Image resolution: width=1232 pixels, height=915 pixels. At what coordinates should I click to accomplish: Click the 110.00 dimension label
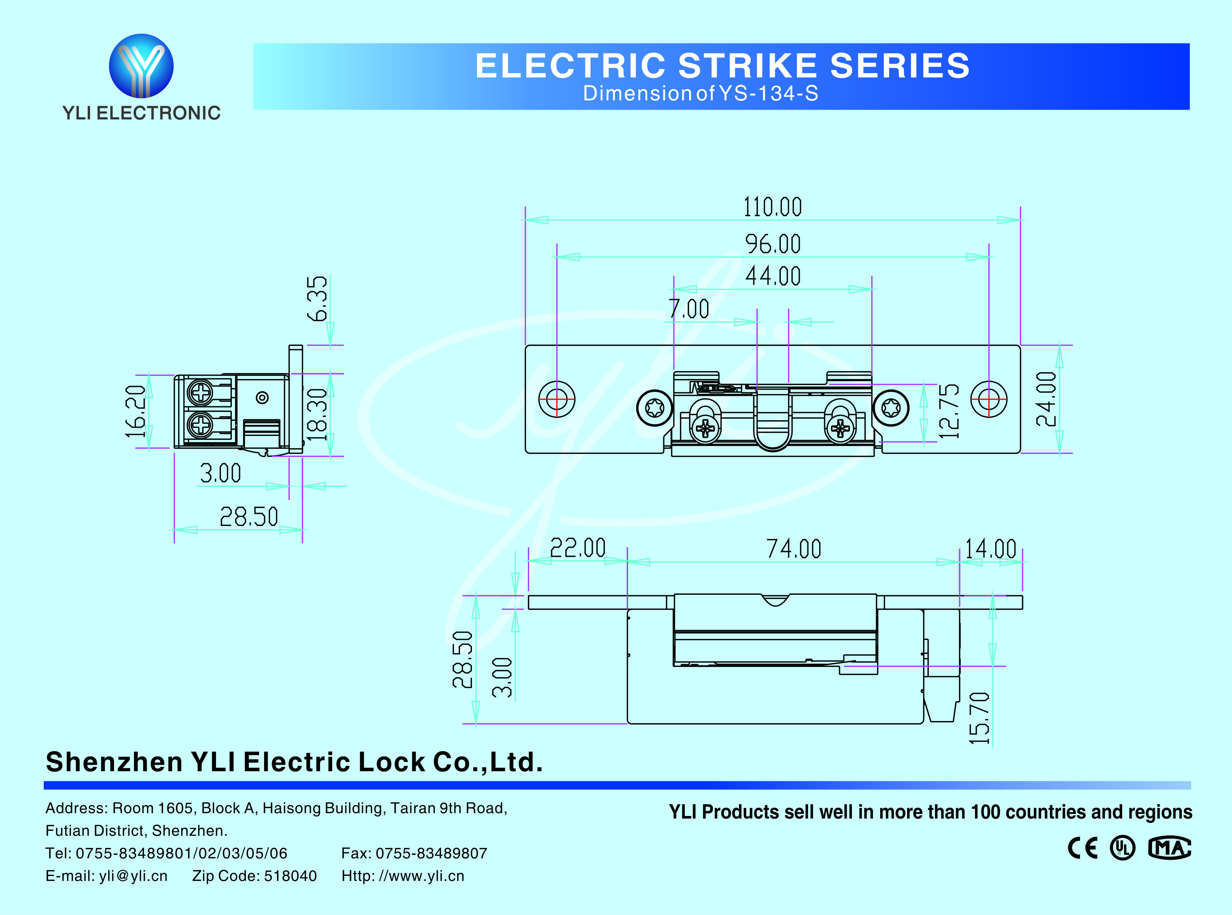click(x=772, y=207)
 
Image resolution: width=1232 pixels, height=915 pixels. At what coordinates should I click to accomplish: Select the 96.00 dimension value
click(x=773, y=244)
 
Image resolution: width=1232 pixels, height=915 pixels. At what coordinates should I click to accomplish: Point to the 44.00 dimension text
click(x=773, y=276)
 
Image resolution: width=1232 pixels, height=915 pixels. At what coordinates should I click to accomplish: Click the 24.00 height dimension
click(x=1046, y=399)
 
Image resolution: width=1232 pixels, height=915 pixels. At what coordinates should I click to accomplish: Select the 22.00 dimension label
click(x=578, y=548)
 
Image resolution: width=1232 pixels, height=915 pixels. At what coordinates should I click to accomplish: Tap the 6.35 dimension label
click(x=318, y=299)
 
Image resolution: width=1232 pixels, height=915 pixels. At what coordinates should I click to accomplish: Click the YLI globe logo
click(x=141, y=66)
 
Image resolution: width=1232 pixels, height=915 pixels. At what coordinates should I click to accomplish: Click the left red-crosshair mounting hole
click(x=557, y=399)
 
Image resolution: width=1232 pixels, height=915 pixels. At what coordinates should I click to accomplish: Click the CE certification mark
click(x=1082, y=848)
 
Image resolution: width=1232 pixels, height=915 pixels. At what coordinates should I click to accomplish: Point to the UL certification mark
click(x=1122, y=848)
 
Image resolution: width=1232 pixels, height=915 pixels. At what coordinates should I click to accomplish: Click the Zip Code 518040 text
click(x=254, y=876)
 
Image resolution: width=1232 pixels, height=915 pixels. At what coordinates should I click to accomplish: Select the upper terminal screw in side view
click(x=200, y=392)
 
